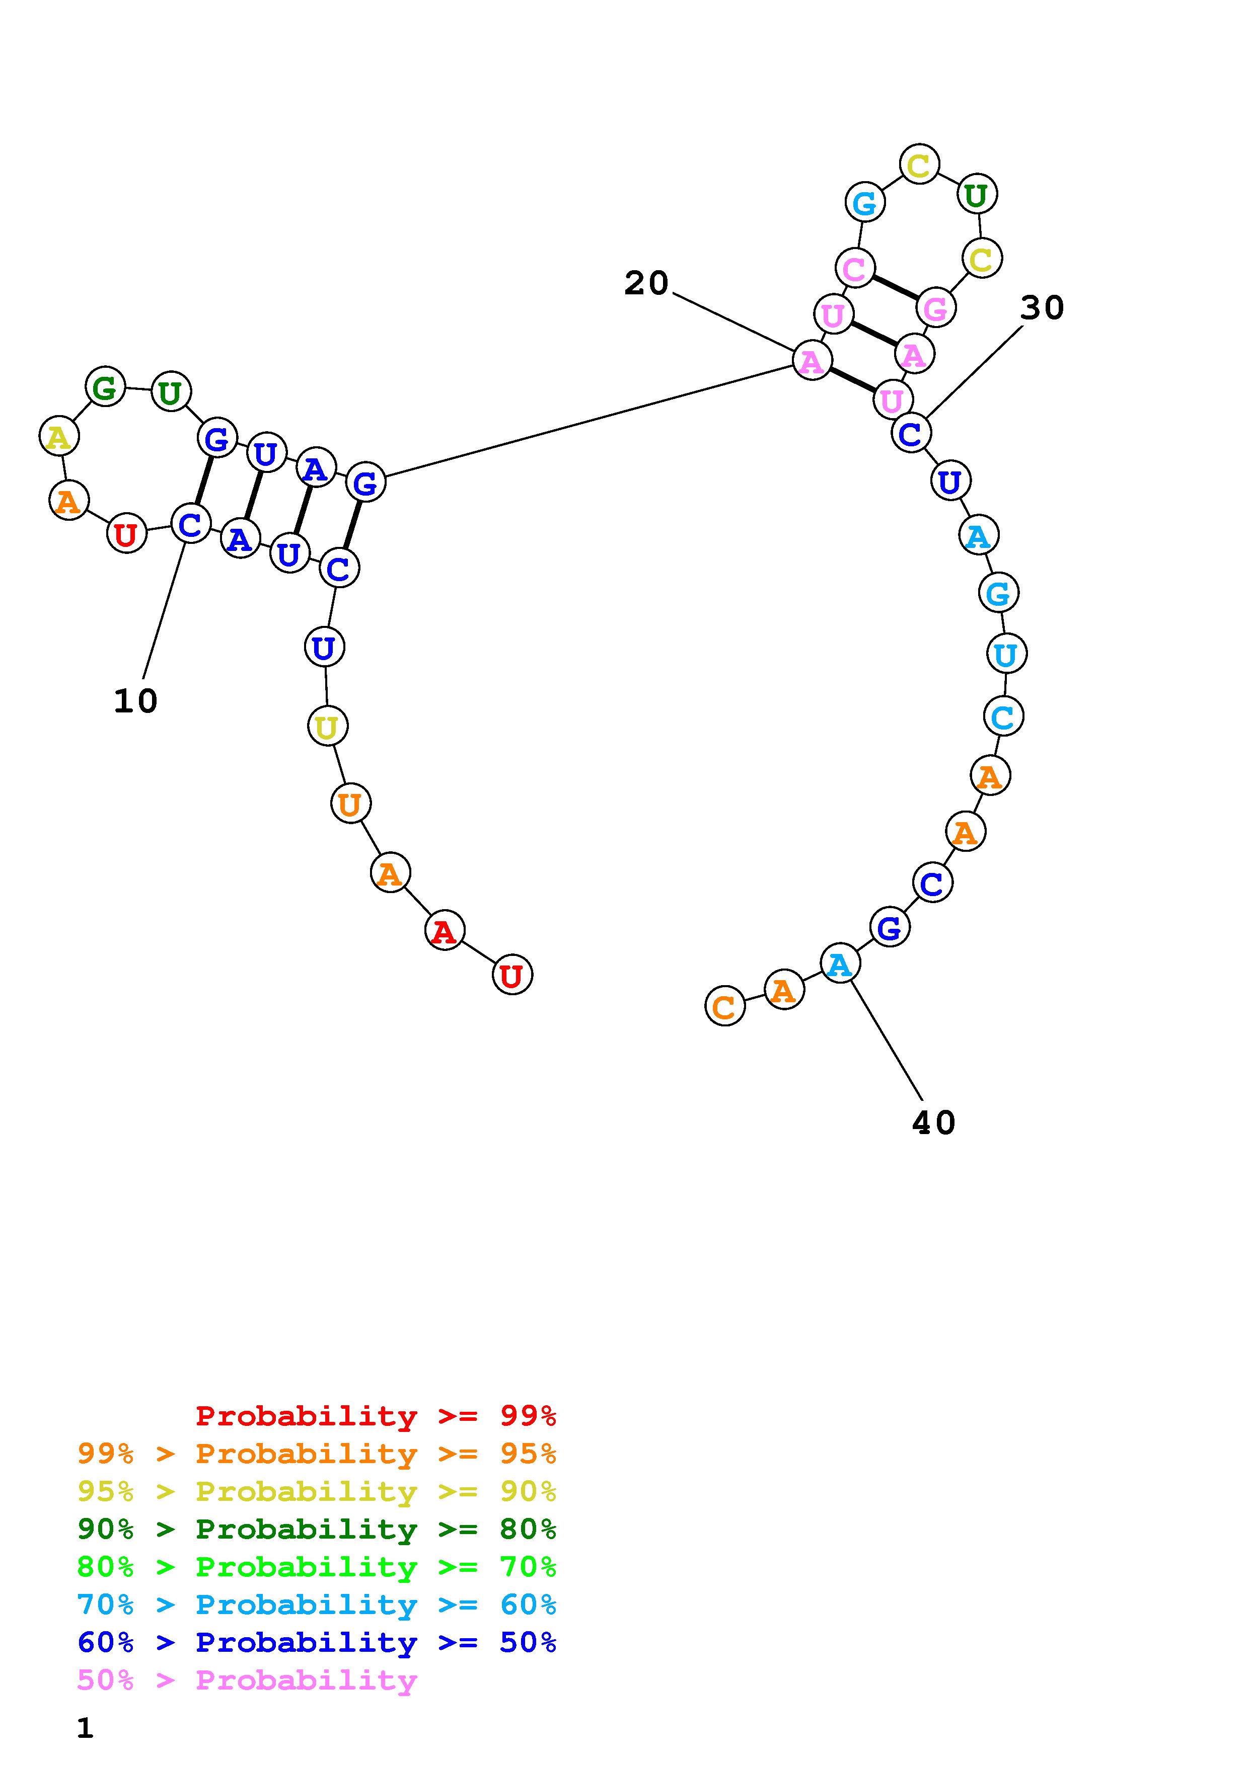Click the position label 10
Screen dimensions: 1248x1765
coord(135,701)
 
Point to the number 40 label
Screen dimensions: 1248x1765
coord(933,1123)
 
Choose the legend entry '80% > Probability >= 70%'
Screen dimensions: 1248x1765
coord(317,1567)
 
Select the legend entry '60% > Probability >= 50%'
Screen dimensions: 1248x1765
coord(317,1642)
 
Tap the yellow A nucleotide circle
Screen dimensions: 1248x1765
coord(58,437)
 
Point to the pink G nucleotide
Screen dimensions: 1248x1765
coord(935,308)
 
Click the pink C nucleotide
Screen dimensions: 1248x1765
coord(854,268)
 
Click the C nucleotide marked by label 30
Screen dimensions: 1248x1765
coord(910,434)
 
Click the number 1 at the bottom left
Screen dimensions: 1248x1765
coord(85,1727)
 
